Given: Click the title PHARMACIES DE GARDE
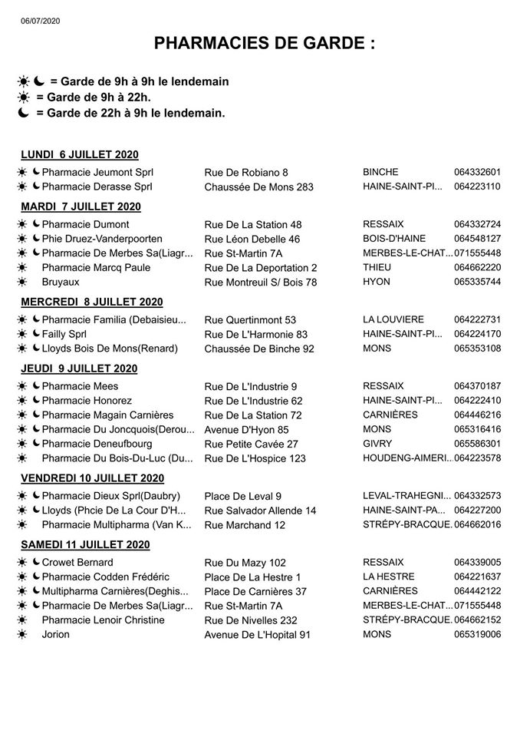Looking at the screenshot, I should point(265,44).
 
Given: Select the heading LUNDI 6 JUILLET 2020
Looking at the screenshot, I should point(80,154).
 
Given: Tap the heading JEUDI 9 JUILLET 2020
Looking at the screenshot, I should point(79,368).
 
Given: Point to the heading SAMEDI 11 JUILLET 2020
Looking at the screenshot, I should point(87,544).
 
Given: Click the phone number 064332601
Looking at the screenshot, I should point(477,172).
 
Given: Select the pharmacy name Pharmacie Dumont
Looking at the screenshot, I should point(85,224).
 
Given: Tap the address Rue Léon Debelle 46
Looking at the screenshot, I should point(252,239).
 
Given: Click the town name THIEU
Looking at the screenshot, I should point(377,267).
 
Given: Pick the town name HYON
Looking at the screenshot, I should point(376,282).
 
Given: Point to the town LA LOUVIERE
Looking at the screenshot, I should point(392,319).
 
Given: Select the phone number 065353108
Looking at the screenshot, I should point(477,348).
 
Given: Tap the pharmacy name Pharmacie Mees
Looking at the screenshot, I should point(80,386).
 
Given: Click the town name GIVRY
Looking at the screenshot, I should point(377,444).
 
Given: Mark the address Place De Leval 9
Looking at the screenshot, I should point(242,496).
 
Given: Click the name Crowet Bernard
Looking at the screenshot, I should point(77,563).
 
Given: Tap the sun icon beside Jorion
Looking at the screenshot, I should point(24,634).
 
